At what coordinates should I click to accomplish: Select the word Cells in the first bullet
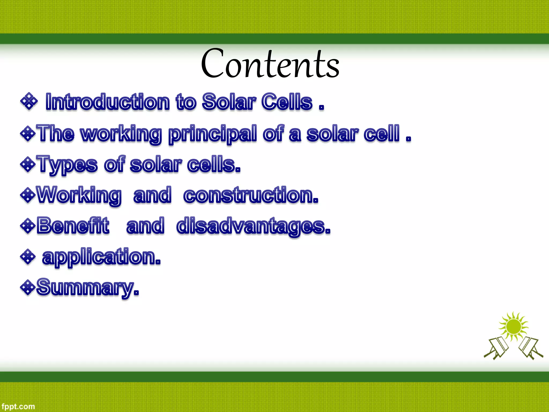[x=287, y=102]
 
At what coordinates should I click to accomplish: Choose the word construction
[x=251, y=195]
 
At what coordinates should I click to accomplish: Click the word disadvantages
[x=253, y=226]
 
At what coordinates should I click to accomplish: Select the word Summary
[x=87, y=288]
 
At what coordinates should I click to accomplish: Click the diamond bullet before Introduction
[x=29, y=101]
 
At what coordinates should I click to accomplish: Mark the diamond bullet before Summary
[x=28, y=287]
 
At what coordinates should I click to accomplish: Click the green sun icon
[x=513, y=326]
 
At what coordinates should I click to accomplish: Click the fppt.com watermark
[x=18, y=407]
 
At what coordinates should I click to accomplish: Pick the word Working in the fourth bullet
[x=79, y=195]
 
